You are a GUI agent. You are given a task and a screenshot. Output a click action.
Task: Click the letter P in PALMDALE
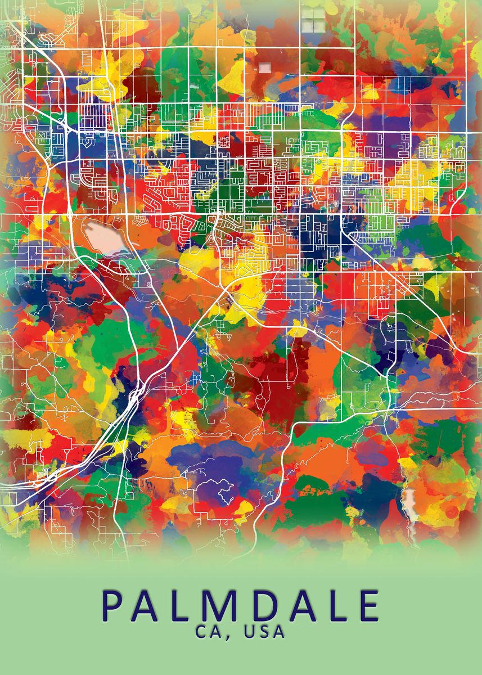tap(114, 606)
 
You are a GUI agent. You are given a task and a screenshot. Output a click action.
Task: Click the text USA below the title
tap(264, 632)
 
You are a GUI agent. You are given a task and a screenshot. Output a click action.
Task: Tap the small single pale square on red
tap(264, 68)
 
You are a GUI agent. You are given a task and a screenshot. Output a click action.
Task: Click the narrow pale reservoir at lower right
tap(410, 506)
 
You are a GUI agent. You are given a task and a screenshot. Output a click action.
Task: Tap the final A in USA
tap(280, 632)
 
